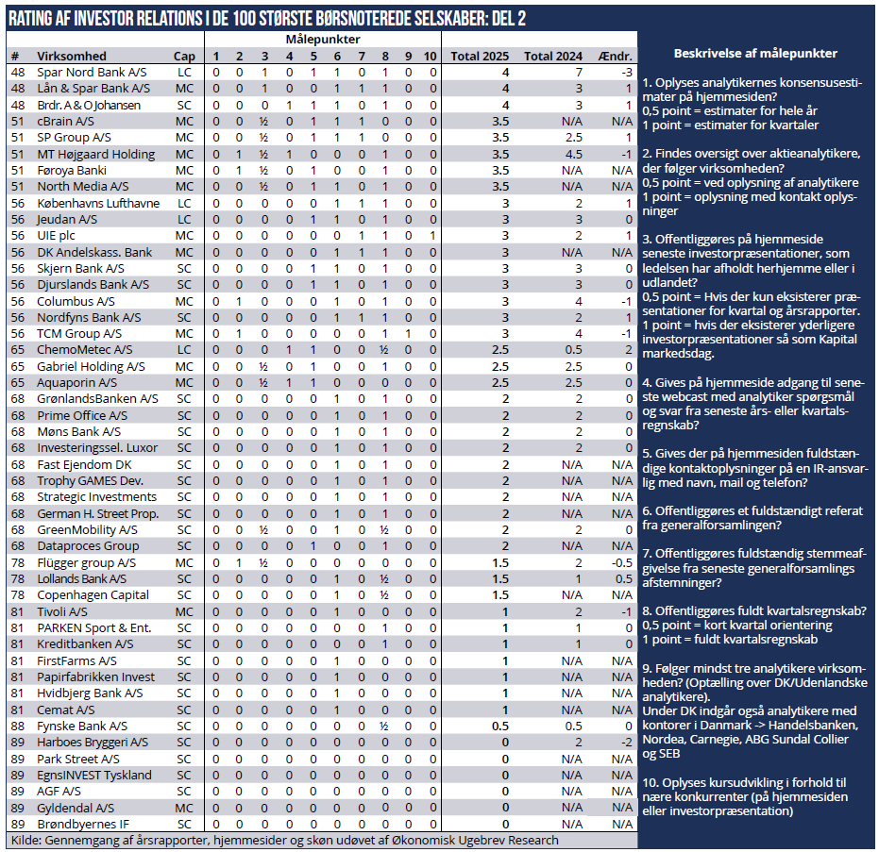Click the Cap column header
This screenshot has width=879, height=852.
tap(185, 56)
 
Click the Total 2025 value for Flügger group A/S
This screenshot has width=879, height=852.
tap(501, 562)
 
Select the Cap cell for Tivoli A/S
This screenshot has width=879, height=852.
tap(185, 611)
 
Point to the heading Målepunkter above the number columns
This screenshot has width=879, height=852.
tap(322, 40)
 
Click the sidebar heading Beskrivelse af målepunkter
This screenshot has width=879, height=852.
tap(756, 53)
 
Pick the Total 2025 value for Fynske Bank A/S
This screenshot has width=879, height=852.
tap(501, 726)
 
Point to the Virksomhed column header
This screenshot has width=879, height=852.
tap(72, 56)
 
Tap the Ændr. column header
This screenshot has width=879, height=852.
tap(616, 56)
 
